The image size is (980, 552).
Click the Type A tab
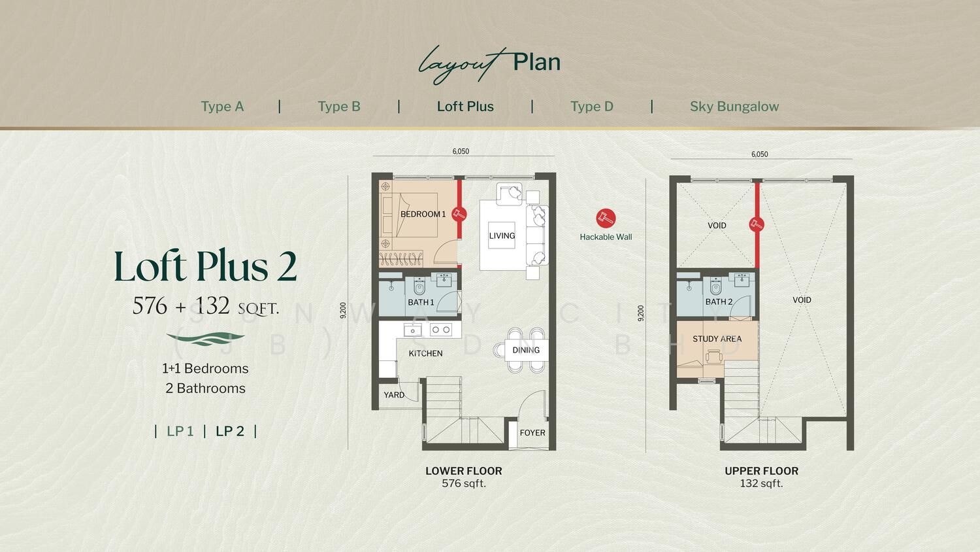click(x=222, y=107)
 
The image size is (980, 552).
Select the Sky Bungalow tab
click(x=734, y=107)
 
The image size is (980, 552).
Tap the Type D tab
click(x=591, y=107)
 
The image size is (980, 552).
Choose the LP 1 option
click(x=180, y=431)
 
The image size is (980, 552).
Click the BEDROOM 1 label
click(x=423, y=215)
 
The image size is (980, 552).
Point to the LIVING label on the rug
click(x=502, y=235)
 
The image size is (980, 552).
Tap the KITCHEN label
click(x=425, y=354)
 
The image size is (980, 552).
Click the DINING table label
click(x=526, y=350)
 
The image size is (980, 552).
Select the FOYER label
click(x=532, y=433)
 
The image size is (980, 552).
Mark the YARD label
click(x=394, y=395)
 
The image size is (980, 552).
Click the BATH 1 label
click(x=421, y=302)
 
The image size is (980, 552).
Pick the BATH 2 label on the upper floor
click(x=719, y=302)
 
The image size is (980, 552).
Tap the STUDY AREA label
click(x=717, y=339)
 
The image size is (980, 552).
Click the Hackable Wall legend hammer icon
click(x=606, y=218)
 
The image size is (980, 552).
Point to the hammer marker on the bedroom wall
click(x=459, y=215)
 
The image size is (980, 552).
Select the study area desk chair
click(x=714, y=356)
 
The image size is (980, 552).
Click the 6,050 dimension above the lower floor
click(x=461, y=151)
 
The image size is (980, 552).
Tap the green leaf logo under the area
click(x=205, y=339)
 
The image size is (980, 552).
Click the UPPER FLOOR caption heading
click(x=761, y=471)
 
